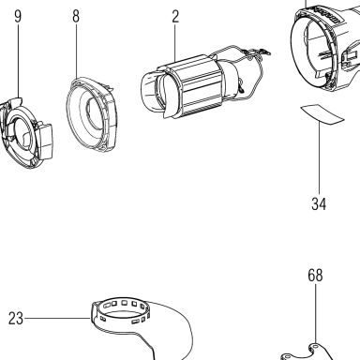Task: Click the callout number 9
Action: point(18,16)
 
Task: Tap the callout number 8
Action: point(76,16)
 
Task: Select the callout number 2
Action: point(175,16)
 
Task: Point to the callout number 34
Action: point(319,203)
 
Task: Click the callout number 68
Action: point(315,276)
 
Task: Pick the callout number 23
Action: point(16,319)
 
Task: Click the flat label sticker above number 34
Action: point(322,114)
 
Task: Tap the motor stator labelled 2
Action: point(190,86)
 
